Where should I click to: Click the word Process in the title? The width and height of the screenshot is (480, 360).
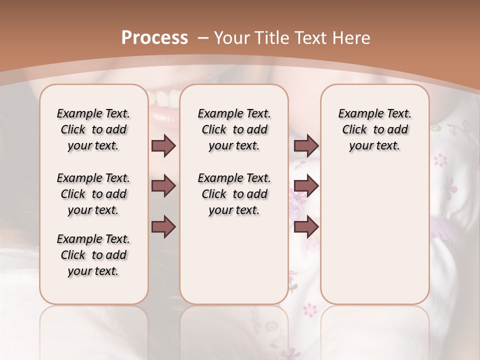click(154, 38)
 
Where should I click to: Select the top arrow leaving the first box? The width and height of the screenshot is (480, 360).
click(163, 146)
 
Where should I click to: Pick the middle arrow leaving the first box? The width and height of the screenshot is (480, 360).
click(163, 186)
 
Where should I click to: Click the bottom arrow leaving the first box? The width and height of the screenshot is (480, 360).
click(163, 227)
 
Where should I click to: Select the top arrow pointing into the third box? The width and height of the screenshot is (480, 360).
click(306, 146)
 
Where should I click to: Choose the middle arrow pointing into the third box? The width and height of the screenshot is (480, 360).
click(306, 186)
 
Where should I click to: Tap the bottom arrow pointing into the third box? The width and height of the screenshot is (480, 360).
click(306, 227)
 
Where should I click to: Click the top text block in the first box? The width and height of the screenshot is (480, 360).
click(93, 129)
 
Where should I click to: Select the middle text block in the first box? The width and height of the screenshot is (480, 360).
click(93, 194)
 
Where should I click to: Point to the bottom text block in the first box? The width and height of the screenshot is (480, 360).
click(93, 255)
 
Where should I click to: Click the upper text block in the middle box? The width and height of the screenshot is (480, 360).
click(234, 129)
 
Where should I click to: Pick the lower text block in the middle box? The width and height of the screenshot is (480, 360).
click(234, 194)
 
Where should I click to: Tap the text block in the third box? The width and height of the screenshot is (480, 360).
click(375, 129)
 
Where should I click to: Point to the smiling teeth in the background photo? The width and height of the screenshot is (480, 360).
click(164, 95)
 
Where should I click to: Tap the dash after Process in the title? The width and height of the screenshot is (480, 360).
click(202, 38)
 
